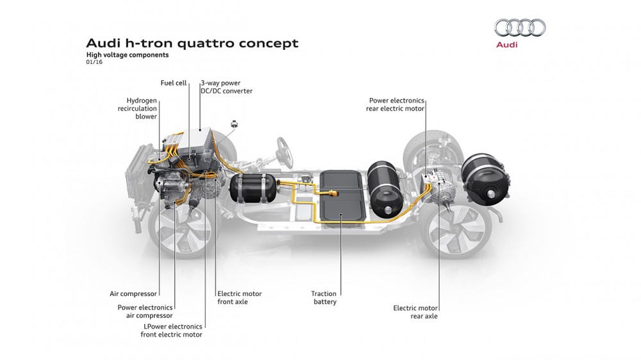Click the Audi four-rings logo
(520, 28)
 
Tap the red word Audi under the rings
(507, 45)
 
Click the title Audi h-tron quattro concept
(192, 44)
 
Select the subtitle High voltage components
(128, 55)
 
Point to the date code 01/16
(94, 63)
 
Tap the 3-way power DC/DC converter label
(226, 86)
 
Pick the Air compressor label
(133, 294)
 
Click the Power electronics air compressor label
(145, 311)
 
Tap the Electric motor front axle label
(240, 298)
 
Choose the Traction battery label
(324, 298)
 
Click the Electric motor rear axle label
(415, 312)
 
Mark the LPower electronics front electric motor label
(171, 331)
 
